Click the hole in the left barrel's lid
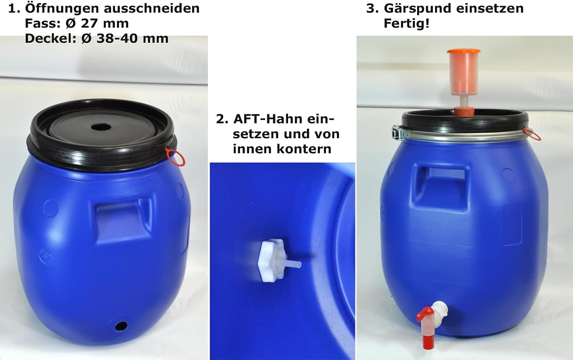pyautogui.click(x=101, y=127)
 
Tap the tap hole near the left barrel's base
pyautogui.click(x=121, y=326)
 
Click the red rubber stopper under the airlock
pyautogui.click(x=464, y=111)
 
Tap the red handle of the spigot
pyautogui.click(x=425, y=314)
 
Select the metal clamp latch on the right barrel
pyautogui.click(x=398, y=133)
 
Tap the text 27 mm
pyautogui.click(x=105, y=24)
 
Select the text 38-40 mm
pyautogui.click(x=133, y=39)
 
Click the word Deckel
pyautogui.click(x=51, y=39)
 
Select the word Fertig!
pyautogui.click(x=406, y=24)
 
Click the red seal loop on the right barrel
pyautogui.click(x=532, y=134)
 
